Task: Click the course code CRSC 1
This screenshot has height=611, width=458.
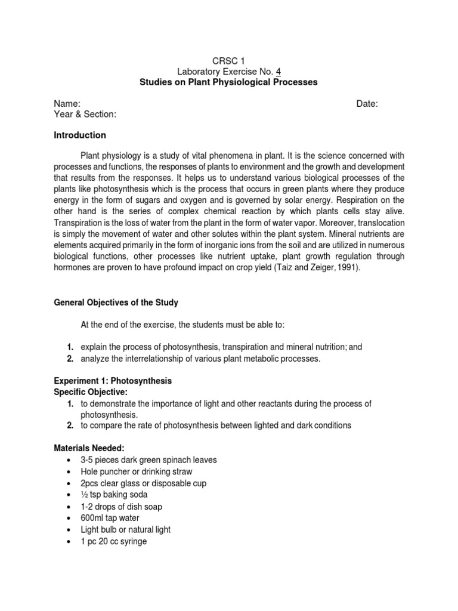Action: (x=228, y=60)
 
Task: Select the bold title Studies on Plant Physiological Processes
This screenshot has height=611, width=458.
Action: (x=228, y=82)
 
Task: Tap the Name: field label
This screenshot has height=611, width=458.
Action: (x=67, y=104)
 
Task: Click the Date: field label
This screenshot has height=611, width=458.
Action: (x=367, y=104)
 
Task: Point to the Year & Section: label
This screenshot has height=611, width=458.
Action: (x=85, y=115)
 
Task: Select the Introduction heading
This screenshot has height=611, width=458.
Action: (x=80, y=135)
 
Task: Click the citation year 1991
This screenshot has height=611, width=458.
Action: (x=347, y=269)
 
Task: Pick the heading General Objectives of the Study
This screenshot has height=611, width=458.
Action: (x=116, y=303)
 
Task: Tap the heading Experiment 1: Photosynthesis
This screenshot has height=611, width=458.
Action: (x=113, y=381)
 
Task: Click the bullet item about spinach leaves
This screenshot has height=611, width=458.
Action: (x=148, y=460)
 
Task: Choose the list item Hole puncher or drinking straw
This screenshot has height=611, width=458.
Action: (x=137, y=471)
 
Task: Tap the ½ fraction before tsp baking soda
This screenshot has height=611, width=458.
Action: (x=83, y=495)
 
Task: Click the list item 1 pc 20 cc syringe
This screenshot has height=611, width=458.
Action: (x=113, y=541)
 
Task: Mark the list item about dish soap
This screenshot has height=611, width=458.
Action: (x=121, y=507)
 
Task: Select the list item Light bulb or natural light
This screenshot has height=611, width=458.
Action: (x=125, y=529)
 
